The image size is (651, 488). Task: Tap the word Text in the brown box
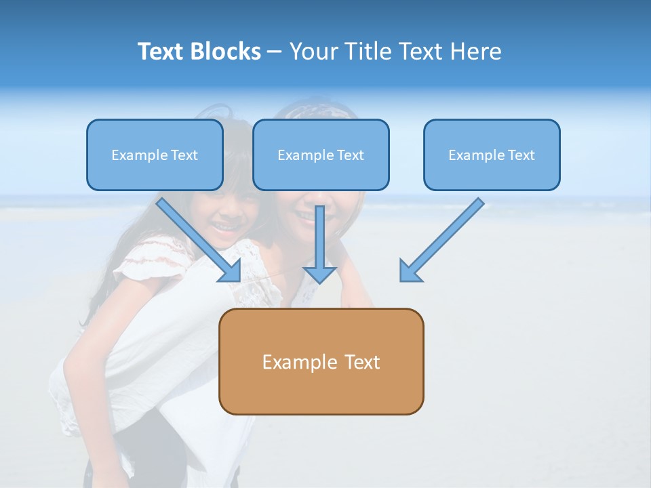pos(362,362)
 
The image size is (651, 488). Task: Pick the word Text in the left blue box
pos(184,155)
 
